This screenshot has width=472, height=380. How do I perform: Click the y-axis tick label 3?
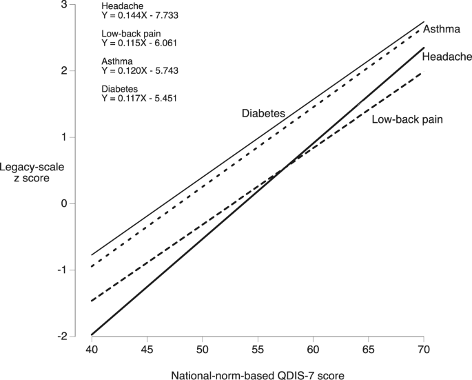pyautogui.click(x=65, y=5)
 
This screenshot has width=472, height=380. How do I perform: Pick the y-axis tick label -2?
pyautogui.click(x=62, y=336)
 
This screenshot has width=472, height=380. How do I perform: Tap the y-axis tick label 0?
pyautogui.click(x=65, y=203)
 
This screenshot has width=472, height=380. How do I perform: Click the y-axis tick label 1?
pyautogui.click(x=65, y=137)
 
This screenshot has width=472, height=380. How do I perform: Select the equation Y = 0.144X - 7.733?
pyautogui.click(x=140, y=14)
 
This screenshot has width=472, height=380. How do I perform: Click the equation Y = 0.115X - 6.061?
pyautogui.click(x=140, y=43)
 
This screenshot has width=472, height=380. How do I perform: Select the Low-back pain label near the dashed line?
pyautogui.click(x=407, y=119)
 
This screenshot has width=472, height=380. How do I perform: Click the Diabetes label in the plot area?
pyautogui.click(x=263, y=113)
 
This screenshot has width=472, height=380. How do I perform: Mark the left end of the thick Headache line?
pyautogui.click(x=92, y=334)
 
